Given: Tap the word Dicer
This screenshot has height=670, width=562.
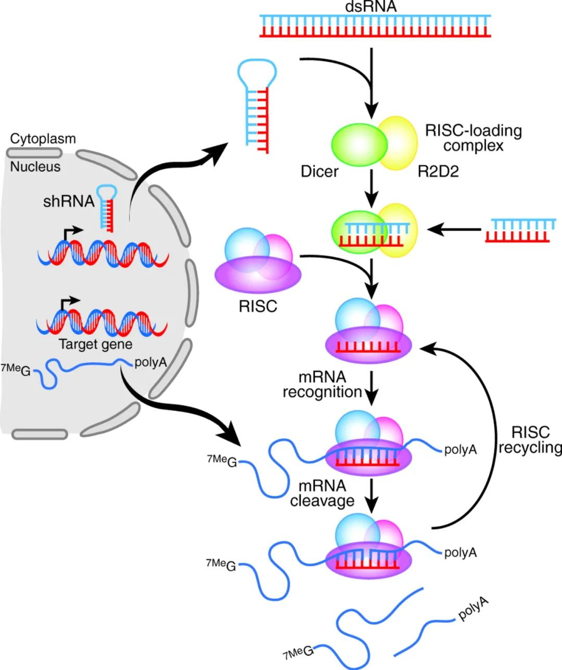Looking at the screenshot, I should point(320,171).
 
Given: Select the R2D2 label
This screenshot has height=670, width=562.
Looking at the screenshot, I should point(438,171).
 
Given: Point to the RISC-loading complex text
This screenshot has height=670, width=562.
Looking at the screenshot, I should point(474,137).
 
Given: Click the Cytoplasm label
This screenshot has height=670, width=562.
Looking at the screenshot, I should point(43,139).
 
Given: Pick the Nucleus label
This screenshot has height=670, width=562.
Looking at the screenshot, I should point(35,167).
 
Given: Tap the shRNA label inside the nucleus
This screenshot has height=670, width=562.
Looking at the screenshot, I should point(68,201).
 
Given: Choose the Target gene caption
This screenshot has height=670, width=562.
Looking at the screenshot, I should point(95,344).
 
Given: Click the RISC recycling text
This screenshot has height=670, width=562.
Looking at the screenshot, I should point(530,440).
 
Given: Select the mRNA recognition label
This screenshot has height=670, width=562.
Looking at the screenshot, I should point(322,384).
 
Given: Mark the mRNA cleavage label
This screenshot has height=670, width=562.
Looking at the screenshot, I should point(322,493).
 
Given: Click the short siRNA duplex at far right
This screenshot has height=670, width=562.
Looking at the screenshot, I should point(520,231).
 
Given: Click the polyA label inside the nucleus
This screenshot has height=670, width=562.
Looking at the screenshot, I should point(150,362).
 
